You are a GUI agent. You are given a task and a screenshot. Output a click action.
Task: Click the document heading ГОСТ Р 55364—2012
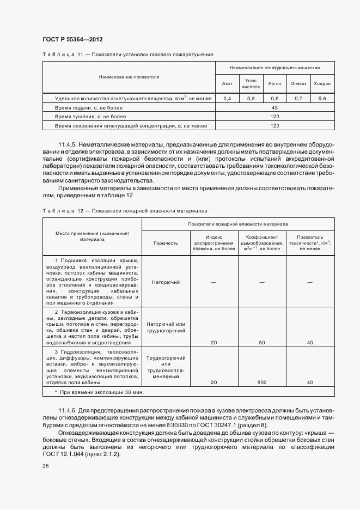pos(72,39)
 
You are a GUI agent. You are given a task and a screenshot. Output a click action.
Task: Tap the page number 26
pos(46,466)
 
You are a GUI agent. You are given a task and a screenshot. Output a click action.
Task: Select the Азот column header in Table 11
pos(227,83)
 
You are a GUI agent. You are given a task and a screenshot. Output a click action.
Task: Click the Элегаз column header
pos(298,83)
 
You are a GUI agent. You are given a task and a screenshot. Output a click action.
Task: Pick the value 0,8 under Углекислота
pos(251,99)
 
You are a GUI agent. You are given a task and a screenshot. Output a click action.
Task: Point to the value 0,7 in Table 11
pos(298,99)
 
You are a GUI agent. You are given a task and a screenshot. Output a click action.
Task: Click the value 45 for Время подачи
pos(275,108)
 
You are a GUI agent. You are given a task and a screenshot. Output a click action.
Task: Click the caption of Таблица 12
pos(124,210)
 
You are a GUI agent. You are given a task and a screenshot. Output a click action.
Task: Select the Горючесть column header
pos(166,244)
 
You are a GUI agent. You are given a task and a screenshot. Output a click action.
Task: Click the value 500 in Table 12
pos(262,382)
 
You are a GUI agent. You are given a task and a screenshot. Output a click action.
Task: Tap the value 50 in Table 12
pos(262,343)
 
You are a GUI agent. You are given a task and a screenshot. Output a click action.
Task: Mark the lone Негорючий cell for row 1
pos(166,282)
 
